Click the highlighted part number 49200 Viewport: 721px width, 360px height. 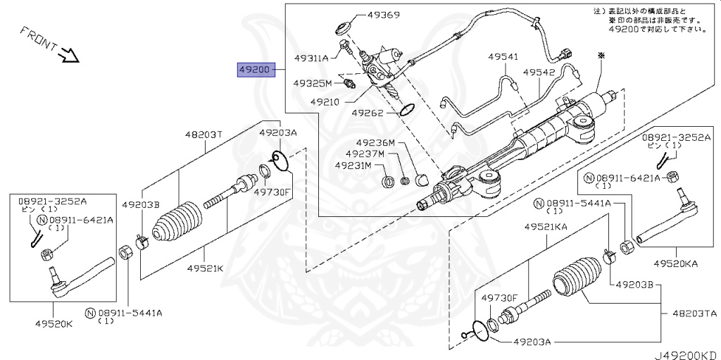point(256,70)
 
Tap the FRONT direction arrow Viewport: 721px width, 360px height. point(70,55)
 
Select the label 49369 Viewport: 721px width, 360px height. point(384,14)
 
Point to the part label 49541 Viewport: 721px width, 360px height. point(503,57)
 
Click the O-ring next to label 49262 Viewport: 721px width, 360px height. point(407,109)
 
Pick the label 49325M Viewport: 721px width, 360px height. point(313,83)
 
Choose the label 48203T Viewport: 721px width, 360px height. point(203,135)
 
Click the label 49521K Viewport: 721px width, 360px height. point(206,268)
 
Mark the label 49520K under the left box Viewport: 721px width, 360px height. point(54,323)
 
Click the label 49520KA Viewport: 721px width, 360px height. point(676,263)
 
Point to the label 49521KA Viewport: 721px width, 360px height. point(546,226)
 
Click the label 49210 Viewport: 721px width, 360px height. point(323,103)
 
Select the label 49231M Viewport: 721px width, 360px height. point(353,164)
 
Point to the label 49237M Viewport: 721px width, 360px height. point(365,154)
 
